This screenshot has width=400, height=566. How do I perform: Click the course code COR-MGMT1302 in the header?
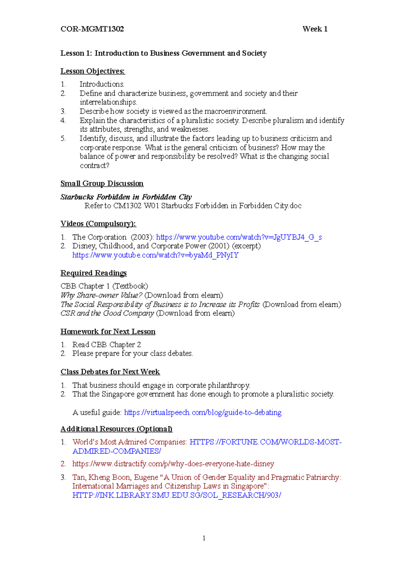(x=92, y=29)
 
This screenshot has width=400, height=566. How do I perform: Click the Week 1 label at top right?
(x=315, y=29)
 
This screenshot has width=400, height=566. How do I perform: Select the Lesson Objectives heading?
(x=93, y=71)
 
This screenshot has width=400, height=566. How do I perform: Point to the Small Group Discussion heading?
(x=102, y=183)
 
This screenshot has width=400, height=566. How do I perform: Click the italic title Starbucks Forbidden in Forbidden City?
(x=126, y=197)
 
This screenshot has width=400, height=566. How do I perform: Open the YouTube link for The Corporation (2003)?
(x=239, y=237)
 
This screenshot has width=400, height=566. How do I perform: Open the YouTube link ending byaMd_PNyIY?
(x=155, y=255)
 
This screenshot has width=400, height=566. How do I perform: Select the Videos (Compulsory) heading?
(x=98, y=224)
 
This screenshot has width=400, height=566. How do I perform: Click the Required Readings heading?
(x=93, y=273)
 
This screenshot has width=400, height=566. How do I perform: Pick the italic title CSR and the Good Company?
(x=107, y=313)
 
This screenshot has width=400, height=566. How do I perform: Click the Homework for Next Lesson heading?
(x=108, y=331)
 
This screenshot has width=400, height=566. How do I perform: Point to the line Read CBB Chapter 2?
(x=106, y=344)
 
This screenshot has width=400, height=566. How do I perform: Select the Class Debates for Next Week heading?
(x=110, y=372)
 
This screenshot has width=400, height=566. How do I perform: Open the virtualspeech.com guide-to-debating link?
(x=203, y=412)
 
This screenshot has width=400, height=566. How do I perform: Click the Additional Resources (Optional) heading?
(x=116, y=429)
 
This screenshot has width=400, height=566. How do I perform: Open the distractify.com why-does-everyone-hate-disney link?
(x=173, y=464)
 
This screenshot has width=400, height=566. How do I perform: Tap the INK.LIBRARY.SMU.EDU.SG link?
(x=177, y=495)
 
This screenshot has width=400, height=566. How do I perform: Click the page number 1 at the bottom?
(x=204, y=538)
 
